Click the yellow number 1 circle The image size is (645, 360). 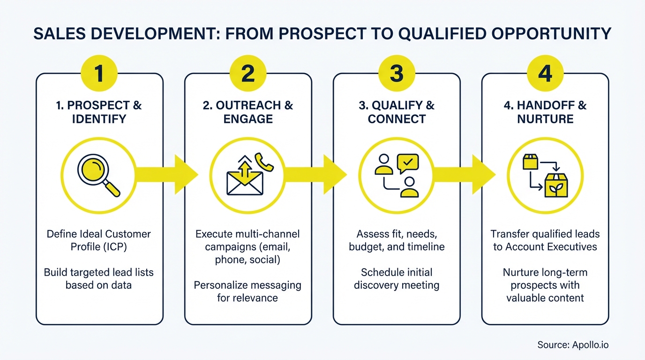(x=99, y=75)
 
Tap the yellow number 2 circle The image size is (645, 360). (x=247, y=75)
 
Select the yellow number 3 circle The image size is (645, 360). (x=396, y=75)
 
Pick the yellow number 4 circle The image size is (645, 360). (x=545, y=75)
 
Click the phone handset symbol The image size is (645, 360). (x=264, y=162)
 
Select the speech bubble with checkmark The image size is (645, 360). (x=407, y=163)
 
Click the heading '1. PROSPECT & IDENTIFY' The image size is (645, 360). (x=99, y=112)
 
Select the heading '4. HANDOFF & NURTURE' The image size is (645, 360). (x=545, y=112)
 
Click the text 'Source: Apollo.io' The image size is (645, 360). (x=572, y=345)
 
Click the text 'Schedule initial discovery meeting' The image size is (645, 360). (x=396, y=278)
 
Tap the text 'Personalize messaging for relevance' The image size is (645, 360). (x=247, y=291)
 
